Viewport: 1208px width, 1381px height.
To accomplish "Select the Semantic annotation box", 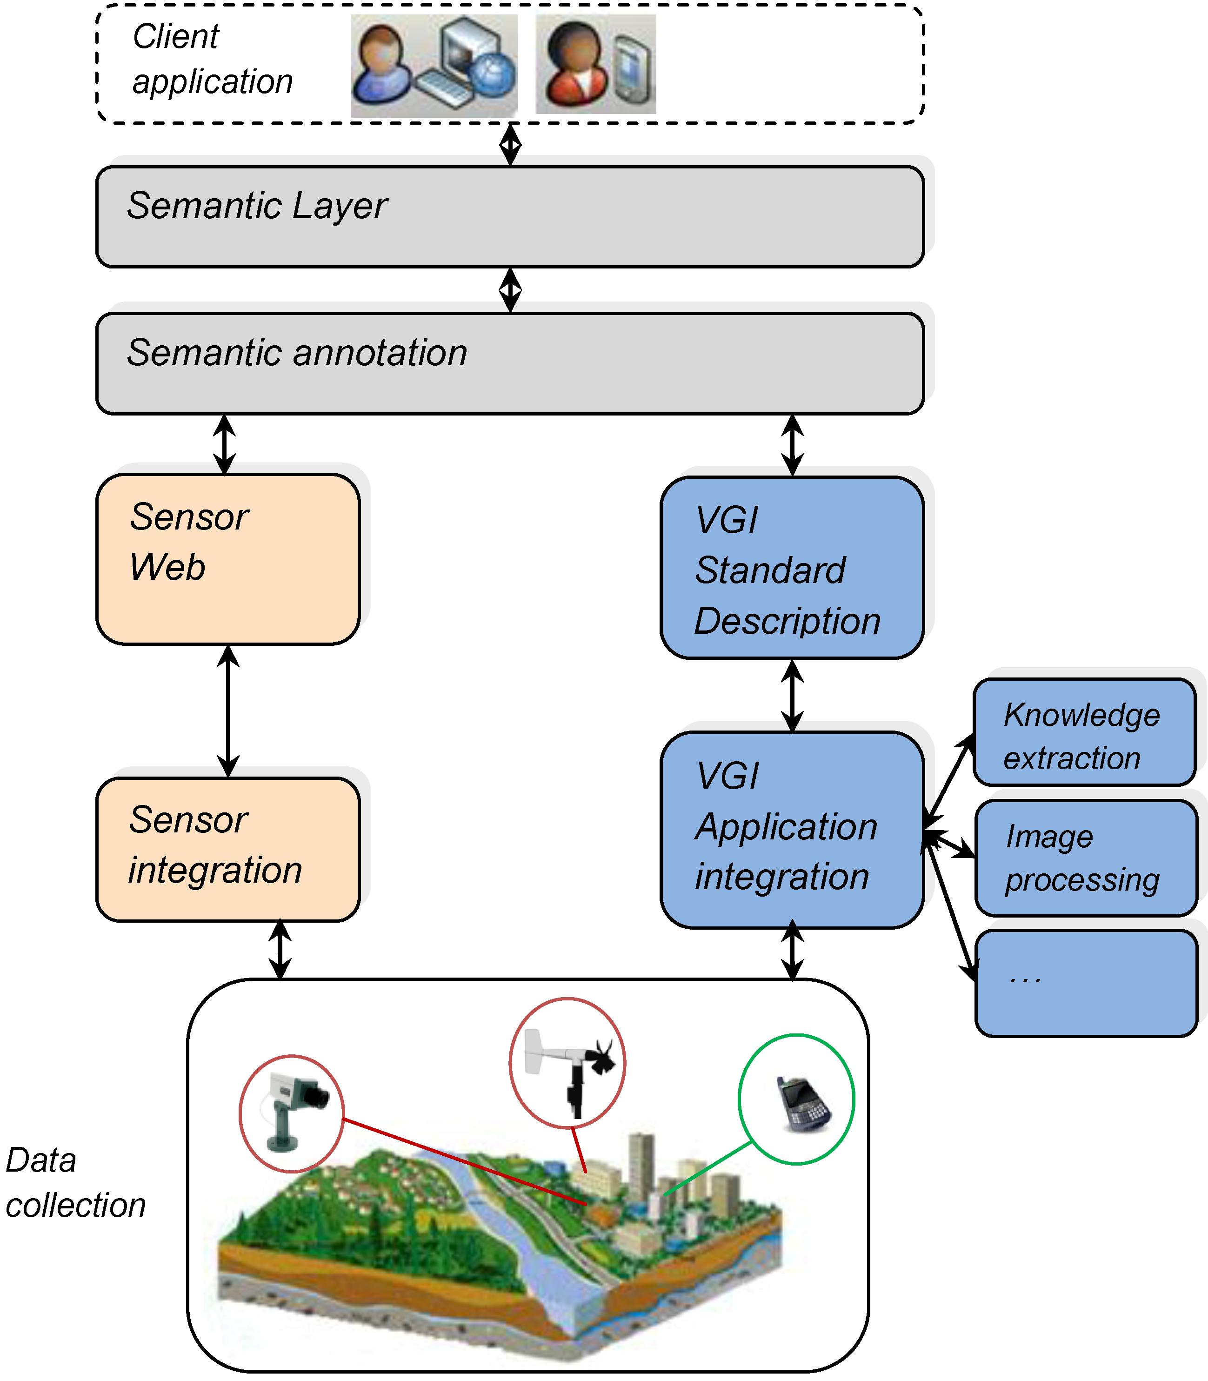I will point(510,363).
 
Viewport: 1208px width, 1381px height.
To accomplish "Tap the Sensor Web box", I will point(228,559).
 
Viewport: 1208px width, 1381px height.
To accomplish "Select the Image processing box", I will point(1085,858).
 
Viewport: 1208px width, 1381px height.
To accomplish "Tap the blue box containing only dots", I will point(1085,983).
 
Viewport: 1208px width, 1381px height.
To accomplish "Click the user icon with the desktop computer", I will point(434,66).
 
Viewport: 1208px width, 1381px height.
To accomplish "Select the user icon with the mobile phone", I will point(595,64).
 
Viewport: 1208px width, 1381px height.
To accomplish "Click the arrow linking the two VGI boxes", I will point(792,695).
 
